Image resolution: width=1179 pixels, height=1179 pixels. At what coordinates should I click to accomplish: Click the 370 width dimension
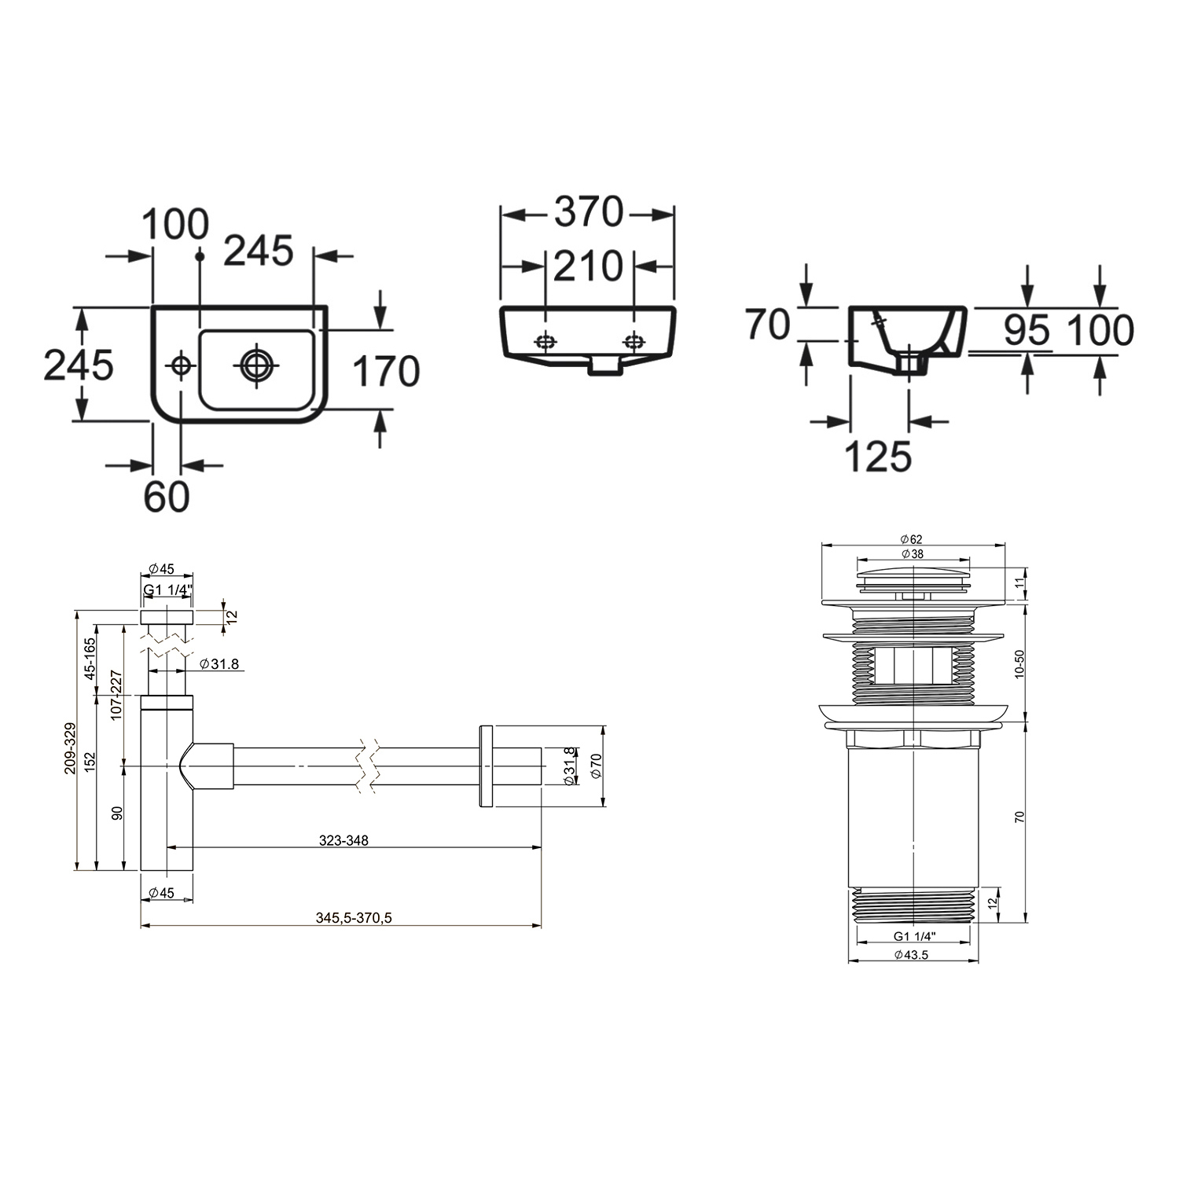click(588, 212)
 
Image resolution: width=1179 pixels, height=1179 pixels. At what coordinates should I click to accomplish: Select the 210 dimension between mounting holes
click(588, 266)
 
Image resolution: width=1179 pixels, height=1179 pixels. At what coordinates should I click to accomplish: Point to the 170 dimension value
click(385, 372)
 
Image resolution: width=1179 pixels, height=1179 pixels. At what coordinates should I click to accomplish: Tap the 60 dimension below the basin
click(167, 497)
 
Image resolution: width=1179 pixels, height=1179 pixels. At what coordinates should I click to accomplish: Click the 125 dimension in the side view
click(878, 456)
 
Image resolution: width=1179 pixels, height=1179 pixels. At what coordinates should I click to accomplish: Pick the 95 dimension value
click(1027, 330)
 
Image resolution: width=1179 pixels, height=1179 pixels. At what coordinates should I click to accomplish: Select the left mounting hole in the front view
click(545, 342)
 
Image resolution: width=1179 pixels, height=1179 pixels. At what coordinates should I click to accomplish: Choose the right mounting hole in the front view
click(633, 342)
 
